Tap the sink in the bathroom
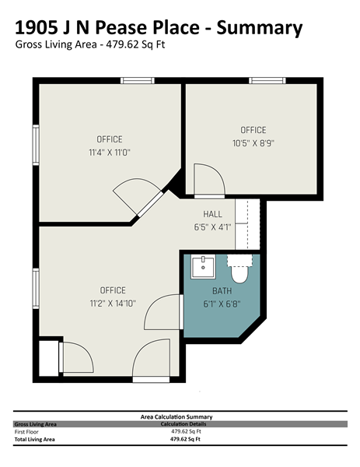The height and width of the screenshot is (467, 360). pyautogui.click(x=203, y=267)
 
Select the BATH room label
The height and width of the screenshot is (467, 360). pyautogui.click(x=222, y=290)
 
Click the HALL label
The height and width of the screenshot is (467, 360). pyautogui.click(x=212, y=214)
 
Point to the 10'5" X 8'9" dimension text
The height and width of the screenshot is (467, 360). pyautogui.click(x=253, y=143)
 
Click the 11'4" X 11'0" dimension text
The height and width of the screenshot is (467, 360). pyautogui.click(x=110, y=153)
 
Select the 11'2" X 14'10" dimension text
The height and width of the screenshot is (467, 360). pyautogui.click(x=113, y=304)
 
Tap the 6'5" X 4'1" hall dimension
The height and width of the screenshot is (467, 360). pyautogui.click(x=212, y=227)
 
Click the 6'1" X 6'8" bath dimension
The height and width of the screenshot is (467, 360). pyautogui.click(x=222, y=304)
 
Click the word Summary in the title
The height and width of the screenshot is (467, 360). pyautogui.click(x=260, y=28)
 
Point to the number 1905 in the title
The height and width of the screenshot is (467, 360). pyautogui.click(x=36, y=27)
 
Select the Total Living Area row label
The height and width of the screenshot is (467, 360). pyautogui.click(x=34, y=439)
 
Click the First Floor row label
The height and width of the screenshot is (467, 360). pyautogui.click(x=26, y=431)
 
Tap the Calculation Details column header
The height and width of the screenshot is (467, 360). pyautogui.click(x=183, y=424)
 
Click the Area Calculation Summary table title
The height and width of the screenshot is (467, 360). pyautogui.click(x=177, y=417)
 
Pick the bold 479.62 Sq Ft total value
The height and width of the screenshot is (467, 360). pyautogui.click(x=185, y=439)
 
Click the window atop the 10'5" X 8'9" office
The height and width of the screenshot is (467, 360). pyautogui.click(x=267, y=80)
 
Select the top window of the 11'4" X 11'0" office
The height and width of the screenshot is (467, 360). pyautogui.click(x=138, y=80)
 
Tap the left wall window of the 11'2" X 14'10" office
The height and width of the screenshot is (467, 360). pyautogui.click(x=36, y=288)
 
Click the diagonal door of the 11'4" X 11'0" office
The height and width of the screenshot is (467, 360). pyautogui.click(x=151, y=204)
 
